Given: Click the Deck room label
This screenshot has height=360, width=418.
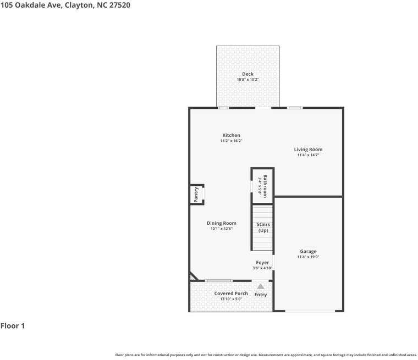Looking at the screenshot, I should pyautogui.click(x=248, y=74).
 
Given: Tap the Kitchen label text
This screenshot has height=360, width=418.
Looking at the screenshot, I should pyautogui.click(x=231, y=135).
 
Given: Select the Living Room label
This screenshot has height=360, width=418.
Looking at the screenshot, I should pyautogui.click(x=308, y=149).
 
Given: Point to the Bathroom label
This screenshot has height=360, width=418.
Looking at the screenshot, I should pyautogui.click(x=265, y=186).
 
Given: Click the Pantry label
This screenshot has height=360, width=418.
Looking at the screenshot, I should pyautogui.click(x=196, y=195).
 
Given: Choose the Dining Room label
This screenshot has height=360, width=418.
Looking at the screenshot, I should pyautogui.click(x=222, y=223).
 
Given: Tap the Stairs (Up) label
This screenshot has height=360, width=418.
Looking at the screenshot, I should pyautogui.click(x=263, y=227).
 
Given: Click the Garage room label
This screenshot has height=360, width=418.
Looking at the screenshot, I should pyautogui.click(x=308, y=252).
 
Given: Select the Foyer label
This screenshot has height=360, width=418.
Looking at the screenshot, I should pyautogui.click(x=262, y=263).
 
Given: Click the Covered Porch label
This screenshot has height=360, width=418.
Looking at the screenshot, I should pyautogui.click(x=231, y=293).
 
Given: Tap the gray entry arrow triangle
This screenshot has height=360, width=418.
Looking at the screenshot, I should pyautogui.click(x=261, y=286).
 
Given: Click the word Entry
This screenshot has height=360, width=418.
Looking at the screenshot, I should pyautogui.click(x=261, y=295).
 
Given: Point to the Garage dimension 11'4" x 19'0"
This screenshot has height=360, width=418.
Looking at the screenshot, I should pyautogui.click(x=308, y=257).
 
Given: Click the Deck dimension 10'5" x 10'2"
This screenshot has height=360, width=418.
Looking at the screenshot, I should pyautogui.click(x=248, y=80).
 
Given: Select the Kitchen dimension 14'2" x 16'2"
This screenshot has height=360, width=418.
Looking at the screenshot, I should pyautogui.click(x=231, y=141).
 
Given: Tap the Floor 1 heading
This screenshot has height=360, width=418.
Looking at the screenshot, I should pyautogui.click(x=13, y=326).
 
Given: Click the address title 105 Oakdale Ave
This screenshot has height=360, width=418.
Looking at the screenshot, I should pyautogui.click(x=65, y=5).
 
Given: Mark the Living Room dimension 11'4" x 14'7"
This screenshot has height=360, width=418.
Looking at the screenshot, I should pyautogui.click(x=308, y=155).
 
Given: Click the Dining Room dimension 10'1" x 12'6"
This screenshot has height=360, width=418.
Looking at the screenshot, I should pyautogui.click(x=222, y=229).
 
